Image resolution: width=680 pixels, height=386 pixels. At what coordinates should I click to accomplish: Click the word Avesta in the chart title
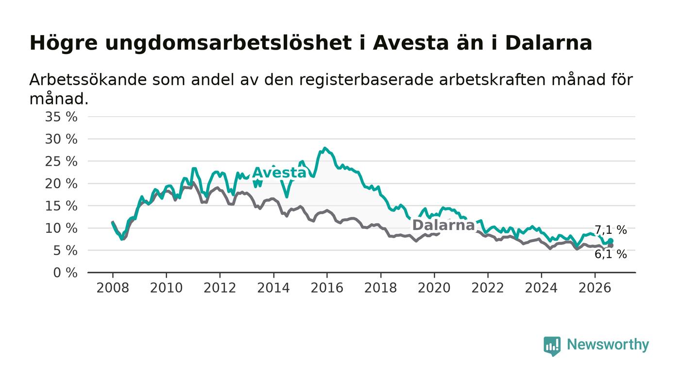pos(410,43)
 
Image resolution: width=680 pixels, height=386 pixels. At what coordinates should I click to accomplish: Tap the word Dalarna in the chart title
pos(549,43)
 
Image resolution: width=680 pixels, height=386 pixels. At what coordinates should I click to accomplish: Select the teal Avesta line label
pos(279,173)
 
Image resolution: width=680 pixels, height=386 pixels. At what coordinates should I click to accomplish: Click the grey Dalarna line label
pos(443,225)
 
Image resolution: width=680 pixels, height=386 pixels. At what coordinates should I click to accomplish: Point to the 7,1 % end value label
pos(611,230)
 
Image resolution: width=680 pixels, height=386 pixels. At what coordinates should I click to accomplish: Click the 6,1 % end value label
pos(611,254)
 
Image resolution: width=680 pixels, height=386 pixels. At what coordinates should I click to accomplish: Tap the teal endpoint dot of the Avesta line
pos(611,241)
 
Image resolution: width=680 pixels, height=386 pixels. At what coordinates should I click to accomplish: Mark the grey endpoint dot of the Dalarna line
pos(611,246)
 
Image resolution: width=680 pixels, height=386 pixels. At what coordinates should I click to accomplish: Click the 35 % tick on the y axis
pos(61,117)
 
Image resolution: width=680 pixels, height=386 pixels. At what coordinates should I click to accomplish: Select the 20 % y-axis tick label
pos(61,184)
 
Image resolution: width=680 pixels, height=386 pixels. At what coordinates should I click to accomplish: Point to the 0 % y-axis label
pos(65,273)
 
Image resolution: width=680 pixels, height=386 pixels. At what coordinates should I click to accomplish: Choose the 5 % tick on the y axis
pos(65,251)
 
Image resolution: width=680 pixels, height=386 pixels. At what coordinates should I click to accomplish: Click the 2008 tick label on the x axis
pos(113,288)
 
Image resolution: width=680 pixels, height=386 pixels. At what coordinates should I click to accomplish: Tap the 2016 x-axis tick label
pos(327,288)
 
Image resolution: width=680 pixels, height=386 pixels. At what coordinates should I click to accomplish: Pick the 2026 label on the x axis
pos(595,288)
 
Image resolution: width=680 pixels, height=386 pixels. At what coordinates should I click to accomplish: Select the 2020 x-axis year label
pos(434,288)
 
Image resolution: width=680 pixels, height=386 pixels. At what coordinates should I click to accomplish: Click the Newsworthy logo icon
pos(552,346)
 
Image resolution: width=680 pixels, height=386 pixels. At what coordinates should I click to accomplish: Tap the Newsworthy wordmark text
pos(608,345)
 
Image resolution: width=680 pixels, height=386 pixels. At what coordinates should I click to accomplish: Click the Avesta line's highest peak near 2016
pos(325,148)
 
